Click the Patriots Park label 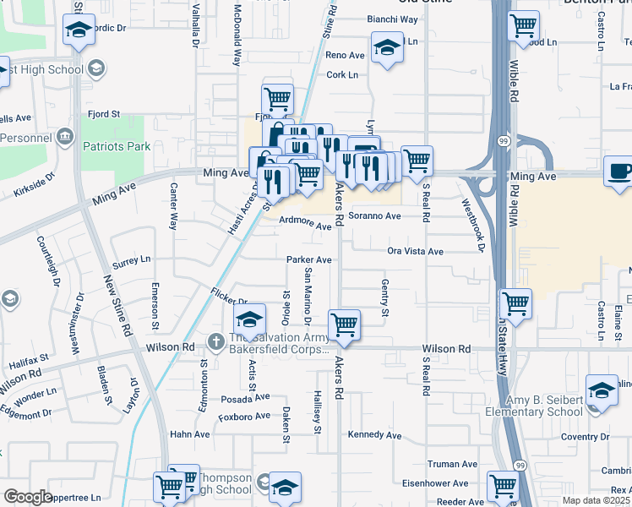(117, 146)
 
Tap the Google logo (28, 497)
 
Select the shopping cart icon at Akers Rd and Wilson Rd (344, 324)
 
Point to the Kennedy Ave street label (374, 435)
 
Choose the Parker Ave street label (308, 259)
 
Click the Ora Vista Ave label (415, 252)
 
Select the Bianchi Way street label (392, 19)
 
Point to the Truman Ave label (452, 464)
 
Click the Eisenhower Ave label (435, 483)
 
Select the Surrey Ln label (130, 260)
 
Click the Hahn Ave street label (190, 434)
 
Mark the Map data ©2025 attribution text (597, 500)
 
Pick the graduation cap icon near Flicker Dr (248, 320)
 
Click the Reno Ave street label (345, 56)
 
